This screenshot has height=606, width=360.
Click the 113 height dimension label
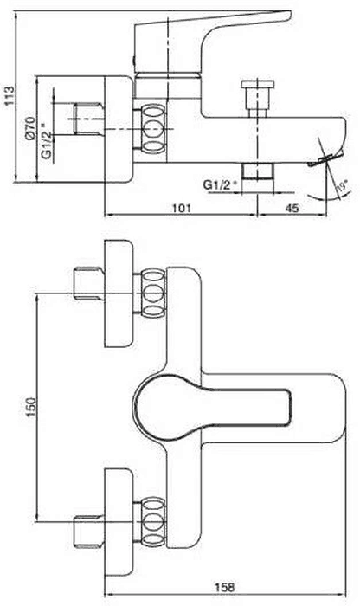(x=9, y=95)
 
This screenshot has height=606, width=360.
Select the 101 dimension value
(x=181, y=208)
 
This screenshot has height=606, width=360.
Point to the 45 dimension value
(x=292, y=208)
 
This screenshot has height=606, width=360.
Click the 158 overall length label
(x=224, y=588)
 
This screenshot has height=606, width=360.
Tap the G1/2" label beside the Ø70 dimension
(x=46, y=140)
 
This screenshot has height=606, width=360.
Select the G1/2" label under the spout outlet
(x=220, y=184)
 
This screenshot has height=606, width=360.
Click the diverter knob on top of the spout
(x=257, y=98)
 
